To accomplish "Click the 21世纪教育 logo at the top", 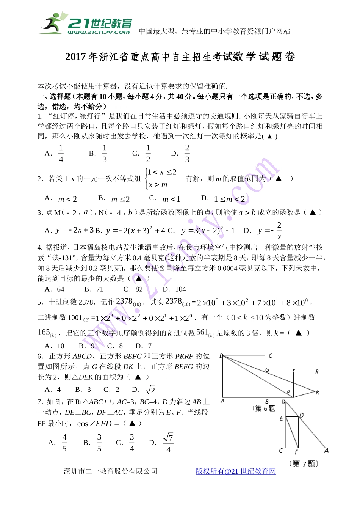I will pyautogui.click(x=87, y=23).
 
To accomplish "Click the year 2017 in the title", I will pyautogui.click(x=75, y=57).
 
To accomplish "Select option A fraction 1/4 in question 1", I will pyautogui.click(x=61, y=153).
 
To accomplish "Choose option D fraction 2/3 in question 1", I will pyautogui.click(x=187, y=153).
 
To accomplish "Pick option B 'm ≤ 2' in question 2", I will pyautogui.click(x=120, y=199).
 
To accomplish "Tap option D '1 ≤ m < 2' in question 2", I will pyautogui.click(x=229, y=199).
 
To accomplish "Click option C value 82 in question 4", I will pyautogui.click(x=139, y=289).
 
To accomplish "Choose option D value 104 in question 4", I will pyautogui.click(x=180, y=289).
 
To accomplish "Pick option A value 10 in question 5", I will pyautogui.click(x=61, y=346).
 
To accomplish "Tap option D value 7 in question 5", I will pyautogui.click(x=149, y=346).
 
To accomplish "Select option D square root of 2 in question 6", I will pyautogui.click(x=150, y=390).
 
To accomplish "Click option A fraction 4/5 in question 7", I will pyautogui.click(x=64, y=443).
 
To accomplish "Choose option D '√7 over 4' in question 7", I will pyautogui.click(x=168, y=443).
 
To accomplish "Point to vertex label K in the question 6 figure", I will pyautogui.click(x=317, y=392).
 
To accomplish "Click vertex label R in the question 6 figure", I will pyautogui.click(x=317, y=372).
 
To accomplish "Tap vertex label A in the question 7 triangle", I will pyautogui.click(x=326, y=451).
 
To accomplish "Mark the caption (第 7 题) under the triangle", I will pyautogui.click(x=304, y=463).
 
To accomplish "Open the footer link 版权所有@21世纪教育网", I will pyautogui.click(x=235, y=471).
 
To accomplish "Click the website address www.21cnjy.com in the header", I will pyautogui.click(x=99, y=32).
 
